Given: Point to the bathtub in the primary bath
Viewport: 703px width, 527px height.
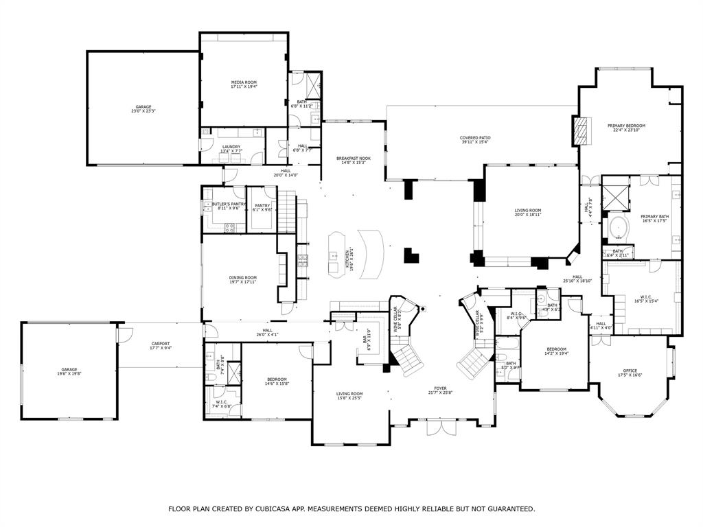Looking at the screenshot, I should pos(620,226).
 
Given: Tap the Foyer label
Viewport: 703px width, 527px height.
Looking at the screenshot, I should pos(440,390).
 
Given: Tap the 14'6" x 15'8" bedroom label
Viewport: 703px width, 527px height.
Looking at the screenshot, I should pos(277,382).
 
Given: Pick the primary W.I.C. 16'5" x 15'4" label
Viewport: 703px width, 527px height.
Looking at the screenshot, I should pos(642,298).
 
